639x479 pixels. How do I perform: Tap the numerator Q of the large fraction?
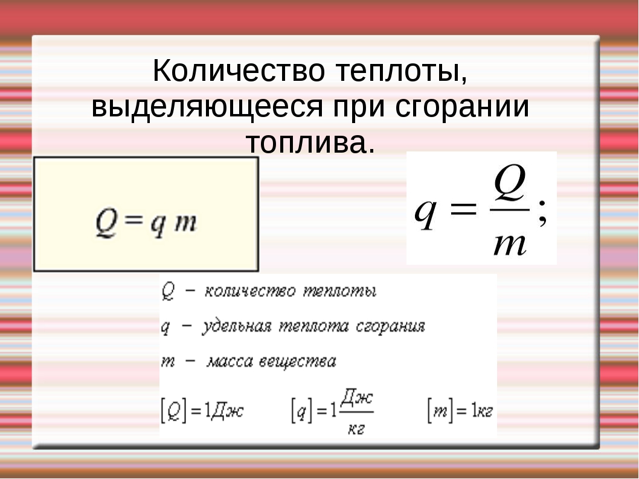point(509,185)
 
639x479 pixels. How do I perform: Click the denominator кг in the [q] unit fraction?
point(357,428)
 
